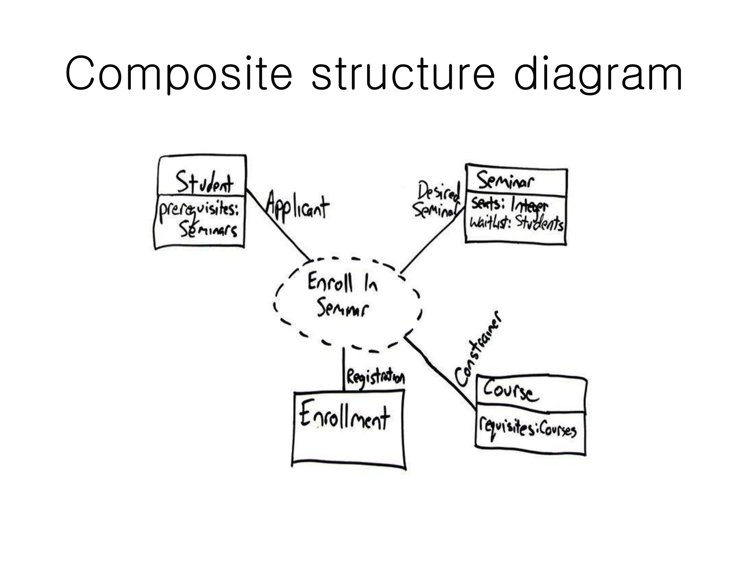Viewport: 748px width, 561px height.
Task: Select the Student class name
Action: click(204, 182)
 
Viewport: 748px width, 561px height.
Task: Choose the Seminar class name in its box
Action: click(505, 181)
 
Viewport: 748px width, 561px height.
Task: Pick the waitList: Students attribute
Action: click(516, 222)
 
